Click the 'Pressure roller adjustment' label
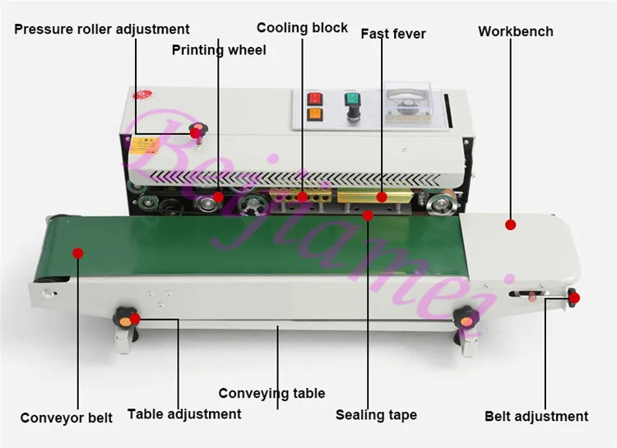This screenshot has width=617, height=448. coord(101,30)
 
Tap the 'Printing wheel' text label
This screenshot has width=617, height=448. coord(219,50)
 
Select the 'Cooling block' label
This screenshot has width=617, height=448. coord(302,28)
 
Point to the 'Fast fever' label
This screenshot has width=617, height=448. coord(393,34)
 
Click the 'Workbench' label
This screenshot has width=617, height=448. coord(516,31)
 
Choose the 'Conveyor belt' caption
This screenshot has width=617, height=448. coord(67,418)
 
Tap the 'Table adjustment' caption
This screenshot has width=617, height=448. coord(184,414)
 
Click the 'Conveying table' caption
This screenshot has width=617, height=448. coord(271,393)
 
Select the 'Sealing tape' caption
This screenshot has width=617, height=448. coord(376,414)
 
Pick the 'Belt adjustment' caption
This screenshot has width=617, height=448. coord(536,416)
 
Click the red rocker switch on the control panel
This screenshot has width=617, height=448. coord(313,99)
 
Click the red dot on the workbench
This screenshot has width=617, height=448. coord(510,224)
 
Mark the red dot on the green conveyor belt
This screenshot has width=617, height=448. coord(78,252)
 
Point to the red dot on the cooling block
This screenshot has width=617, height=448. coord(303,196)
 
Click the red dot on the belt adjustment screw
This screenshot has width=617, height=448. coord(573,298)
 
